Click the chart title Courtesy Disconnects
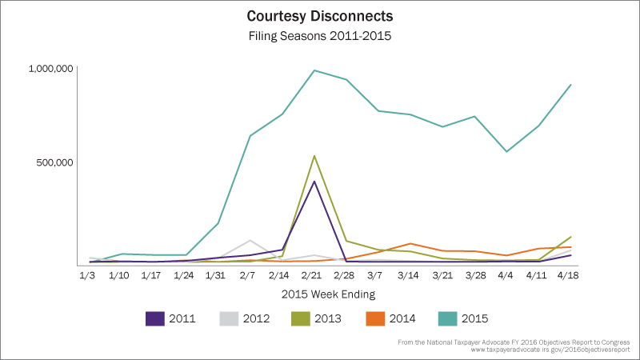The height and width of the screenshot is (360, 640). pyautogui.click(x=320, y=16)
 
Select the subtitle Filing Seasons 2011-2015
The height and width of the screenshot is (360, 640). pyautogui.click(x=320, y=35)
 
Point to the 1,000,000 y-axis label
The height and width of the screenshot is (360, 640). pyautogui.click(x=51, y=69)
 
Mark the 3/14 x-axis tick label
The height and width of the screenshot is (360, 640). pyautogui.click(x=410, y=276)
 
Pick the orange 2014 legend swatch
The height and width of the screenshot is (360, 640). pyautogui.click(x=378, y=318)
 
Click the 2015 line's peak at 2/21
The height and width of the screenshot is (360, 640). pyautogui.click(x=314, y=70)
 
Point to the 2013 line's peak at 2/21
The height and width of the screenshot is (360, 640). pyautogui.click(x=314, y=156)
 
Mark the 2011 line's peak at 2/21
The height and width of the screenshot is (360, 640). pyautogui.click(x=314, y=182)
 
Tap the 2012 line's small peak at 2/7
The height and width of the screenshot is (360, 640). pyautogui.click(x=250, y=240)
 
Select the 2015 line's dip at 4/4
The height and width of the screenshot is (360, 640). pyautogui.click(x=506, y=151)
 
